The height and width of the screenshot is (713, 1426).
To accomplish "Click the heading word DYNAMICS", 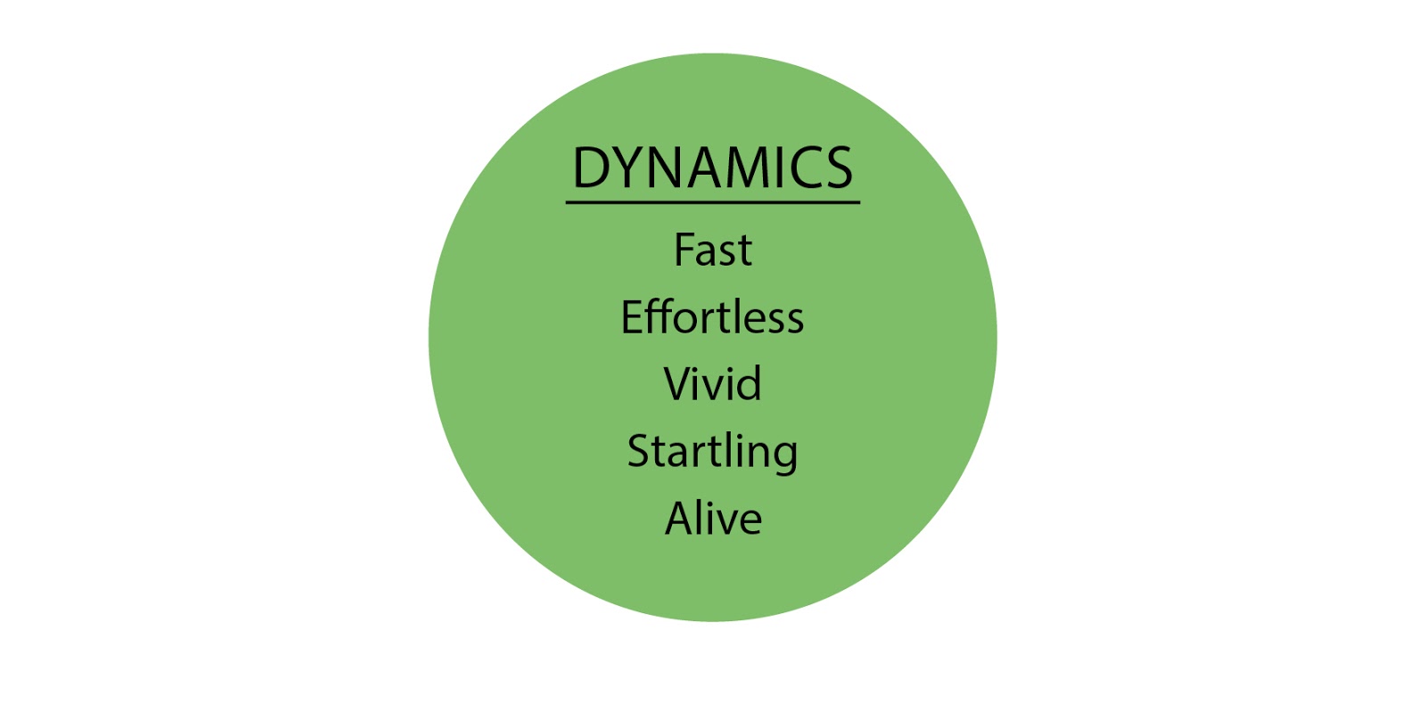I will click(x=713, y=168).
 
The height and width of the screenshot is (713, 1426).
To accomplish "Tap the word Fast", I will click(x=713, y=250).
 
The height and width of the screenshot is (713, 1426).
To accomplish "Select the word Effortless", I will click(x=713, y=317).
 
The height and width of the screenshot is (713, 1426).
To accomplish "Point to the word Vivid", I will click(x=713, y=384).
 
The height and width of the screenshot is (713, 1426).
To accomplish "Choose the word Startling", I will click(x=713, y=452).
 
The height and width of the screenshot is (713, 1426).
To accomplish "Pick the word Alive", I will click(x=713, y=519).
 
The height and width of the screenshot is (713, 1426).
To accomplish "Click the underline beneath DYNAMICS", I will click(x=713, y=202).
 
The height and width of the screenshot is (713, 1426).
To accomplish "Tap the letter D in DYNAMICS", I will click(x=590, y=168).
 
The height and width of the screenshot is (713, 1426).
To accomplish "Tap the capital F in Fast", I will click(x=684, y=250).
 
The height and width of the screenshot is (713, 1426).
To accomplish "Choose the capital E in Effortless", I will click(x=631, y=317).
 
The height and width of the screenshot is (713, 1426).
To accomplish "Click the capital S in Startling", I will click(x=640, y=452).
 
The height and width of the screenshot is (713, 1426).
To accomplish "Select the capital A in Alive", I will click(x=679, y=519).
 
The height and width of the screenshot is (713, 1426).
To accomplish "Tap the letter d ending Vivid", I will click(x=750, y=384).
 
